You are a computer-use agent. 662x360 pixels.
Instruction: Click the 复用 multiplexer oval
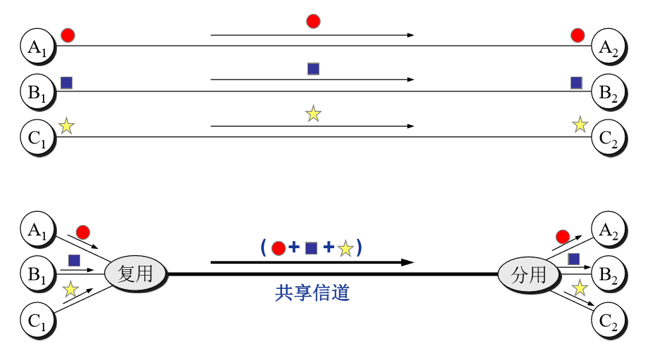click(136, 274)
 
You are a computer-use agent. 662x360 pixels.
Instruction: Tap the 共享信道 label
click(312, 293)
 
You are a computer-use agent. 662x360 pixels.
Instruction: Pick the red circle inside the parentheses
click(278, 248)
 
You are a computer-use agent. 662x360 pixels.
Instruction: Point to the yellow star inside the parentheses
click(345, 248)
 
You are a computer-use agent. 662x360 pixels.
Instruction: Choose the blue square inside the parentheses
click(312, 248)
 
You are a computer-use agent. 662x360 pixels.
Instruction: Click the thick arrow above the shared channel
click(312, 262)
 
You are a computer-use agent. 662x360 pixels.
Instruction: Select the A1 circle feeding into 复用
click(37, 229)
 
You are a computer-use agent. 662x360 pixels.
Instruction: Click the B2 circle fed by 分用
click(609, 274)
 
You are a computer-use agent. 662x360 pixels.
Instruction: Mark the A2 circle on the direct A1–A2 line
click(609, 46)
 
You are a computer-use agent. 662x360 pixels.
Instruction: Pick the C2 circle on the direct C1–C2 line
click(609, 137)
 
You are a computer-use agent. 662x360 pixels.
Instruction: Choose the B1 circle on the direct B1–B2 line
click(37, 91)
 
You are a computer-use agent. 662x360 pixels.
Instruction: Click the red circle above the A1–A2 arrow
click(313, 21)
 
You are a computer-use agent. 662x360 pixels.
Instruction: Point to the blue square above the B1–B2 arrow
click(313, 68)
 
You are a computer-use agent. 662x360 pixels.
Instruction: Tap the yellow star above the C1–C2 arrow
click(313, 113)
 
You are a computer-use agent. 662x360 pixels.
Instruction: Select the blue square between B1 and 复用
click(74, 260)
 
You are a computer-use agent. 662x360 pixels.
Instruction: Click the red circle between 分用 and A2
click(562, 236)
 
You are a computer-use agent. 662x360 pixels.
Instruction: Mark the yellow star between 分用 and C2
click(579, 288)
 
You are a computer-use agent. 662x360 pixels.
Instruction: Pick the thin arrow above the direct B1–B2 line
click(312, 80)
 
